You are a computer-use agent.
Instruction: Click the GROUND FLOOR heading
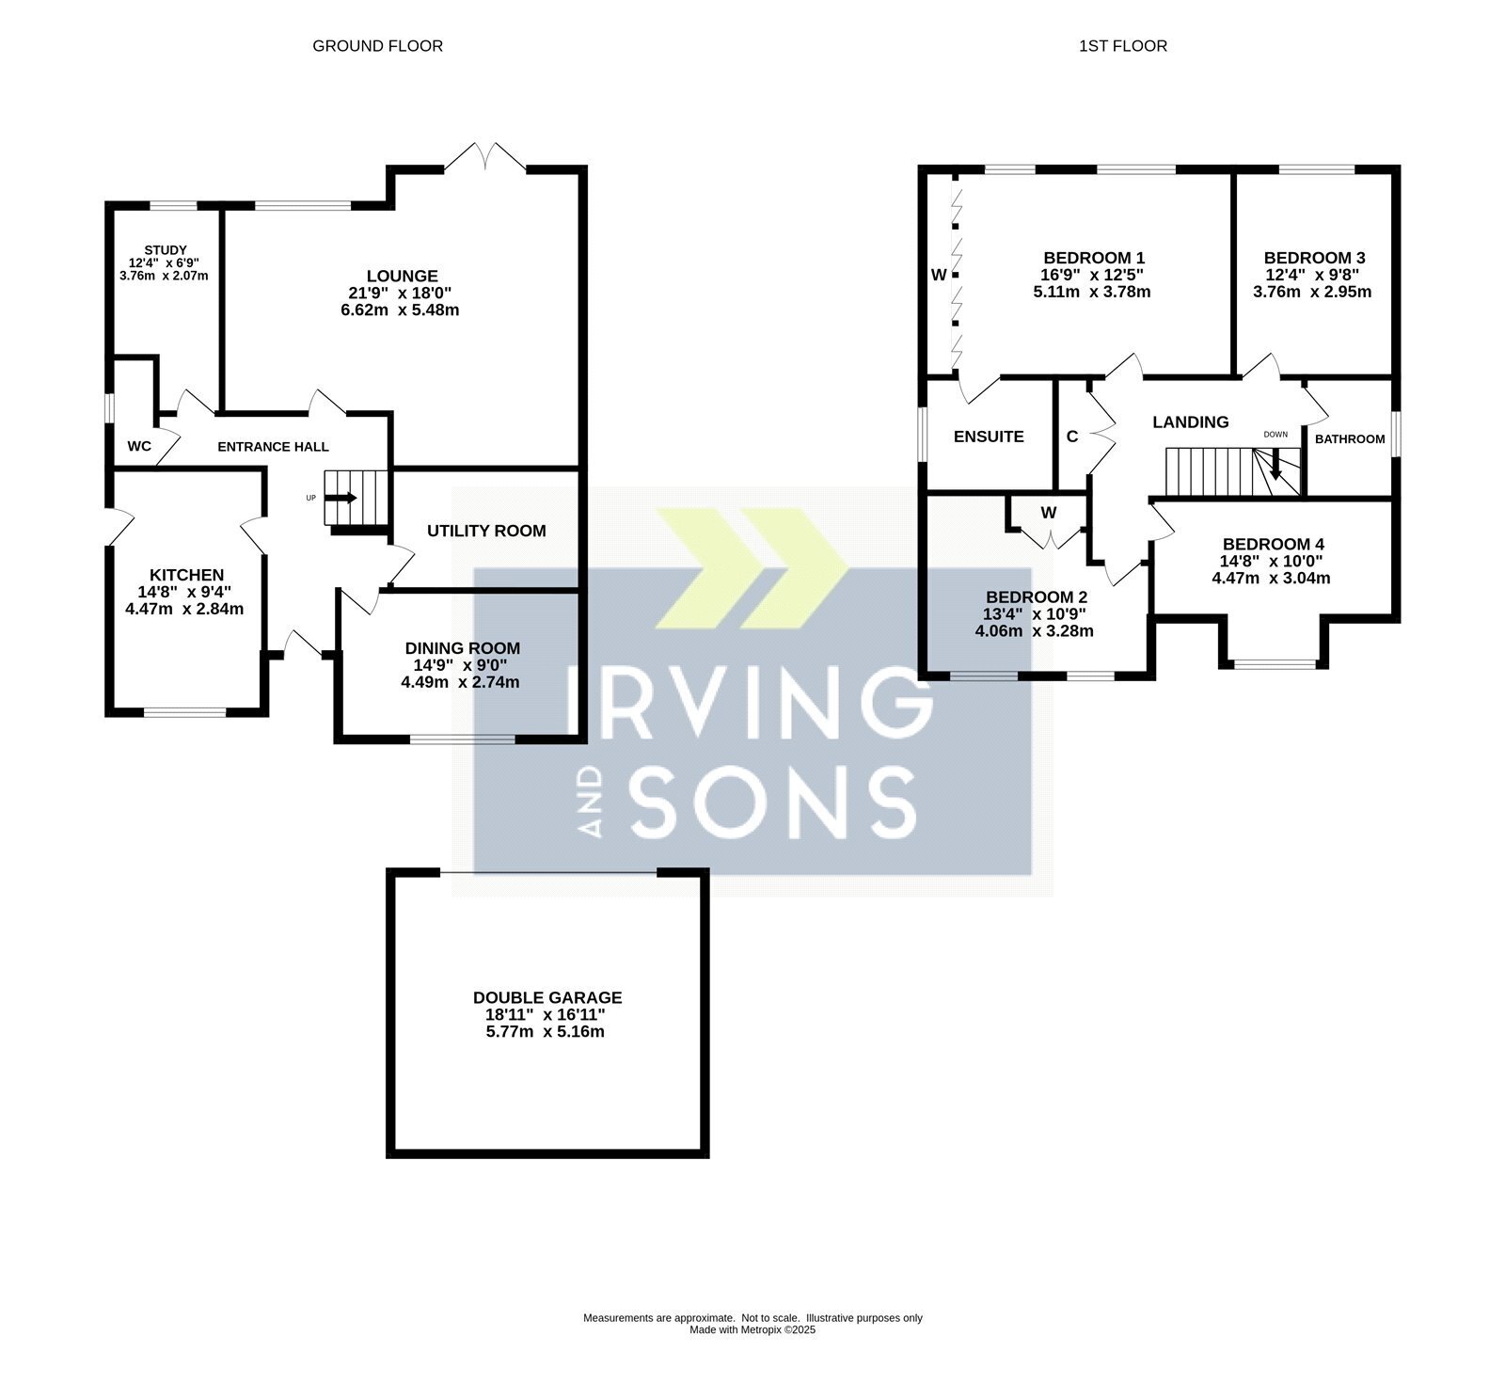(377, 45)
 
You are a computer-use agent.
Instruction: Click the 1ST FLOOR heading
(1123, 45)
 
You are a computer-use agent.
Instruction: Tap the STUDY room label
(166, 250)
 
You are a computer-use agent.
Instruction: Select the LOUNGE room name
(402, 276)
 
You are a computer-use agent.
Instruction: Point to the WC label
(139, 446)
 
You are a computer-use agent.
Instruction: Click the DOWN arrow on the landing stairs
(1275, 464)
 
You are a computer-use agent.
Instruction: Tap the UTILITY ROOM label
(486, 531)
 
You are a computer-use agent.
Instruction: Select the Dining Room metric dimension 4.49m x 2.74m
(460, 682)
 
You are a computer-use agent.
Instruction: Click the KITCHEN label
(187, 575)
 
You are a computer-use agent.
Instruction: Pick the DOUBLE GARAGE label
(547, 997)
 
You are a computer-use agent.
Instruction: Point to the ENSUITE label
(989, 437)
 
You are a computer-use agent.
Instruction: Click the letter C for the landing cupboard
(1072, 437)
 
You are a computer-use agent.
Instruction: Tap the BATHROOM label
(1350, 439)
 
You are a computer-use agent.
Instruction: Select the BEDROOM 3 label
(1314, 258)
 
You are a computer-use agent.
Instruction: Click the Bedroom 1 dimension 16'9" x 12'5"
(1094, 275)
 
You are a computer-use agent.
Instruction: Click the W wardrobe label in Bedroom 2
(1049, 513)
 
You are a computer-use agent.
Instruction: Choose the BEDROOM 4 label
(1274, 544)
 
